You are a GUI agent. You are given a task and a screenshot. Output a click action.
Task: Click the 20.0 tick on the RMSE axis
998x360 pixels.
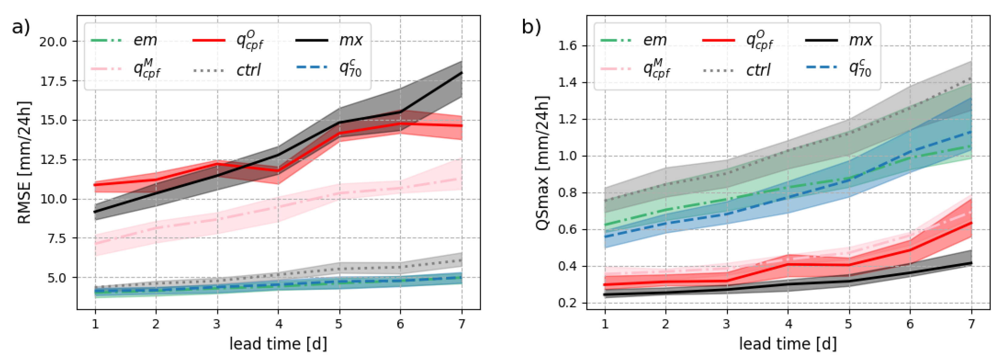click(x=53, y=42)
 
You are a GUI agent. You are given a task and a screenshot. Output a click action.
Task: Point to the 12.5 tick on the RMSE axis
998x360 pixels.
click(x=53, y=160)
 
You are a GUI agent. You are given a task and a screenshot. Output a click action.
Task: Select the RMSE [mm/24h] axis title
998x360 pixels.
click(x=24, y=163)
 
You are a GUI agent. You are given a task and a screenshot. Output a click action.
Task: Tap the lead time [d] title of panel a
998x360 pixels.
click(x=278, y=344)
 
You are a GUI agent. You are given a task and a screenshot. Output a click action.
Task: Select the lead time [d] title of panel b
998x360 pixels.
click(x=788, y=344)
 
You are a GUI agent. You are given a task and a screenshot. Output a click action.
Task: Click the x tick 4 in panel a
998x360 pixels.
click(x=278, y=324)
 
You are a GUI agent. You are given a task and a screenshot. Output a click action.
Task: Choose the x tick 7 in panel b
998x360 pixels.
click(x=971, y=324)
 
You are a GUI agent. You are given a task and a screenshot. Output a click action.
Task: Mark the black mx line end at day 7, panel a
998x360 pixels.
click(x=461, y=73)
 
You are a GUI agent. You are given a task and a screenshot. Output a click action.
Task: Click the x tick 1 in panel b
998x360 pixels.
click(x=605, y=324)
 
